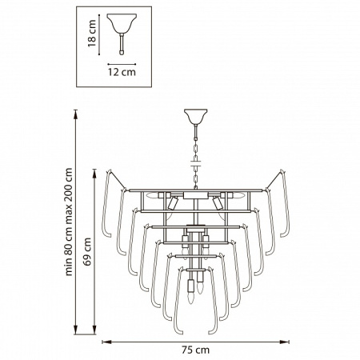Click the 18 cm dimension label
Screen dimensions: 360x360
pos(92,33)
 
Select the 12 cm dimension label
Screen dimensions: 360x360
pos(122,72)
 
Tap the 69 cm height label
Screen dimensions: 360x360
pos(87,252)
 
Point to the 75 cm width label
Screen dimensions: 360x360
pos(196,350)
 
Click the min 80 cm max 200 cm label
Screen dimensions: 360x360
pos(69,222)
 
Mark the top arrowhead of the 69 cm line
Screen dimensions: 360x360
pos(94,174)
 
